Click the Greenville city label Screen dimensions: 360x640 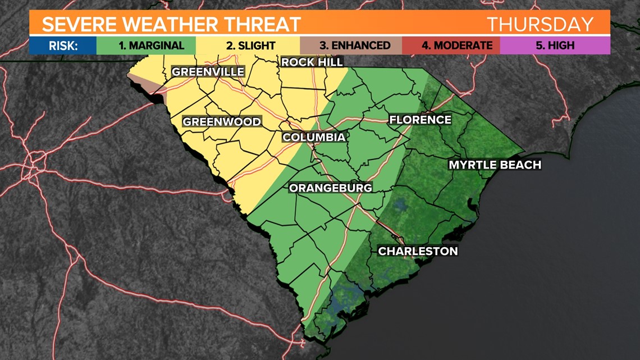pyautogui.click(x=208, y=72)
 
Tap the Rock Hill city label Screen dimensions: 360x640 pyautogui.click(x=312, y=62)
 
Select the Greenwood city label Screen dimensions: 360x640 pyautogui.click(x=221, y=122)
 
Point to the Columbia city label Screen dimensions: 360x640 pyautogui.click(x=313, y=137)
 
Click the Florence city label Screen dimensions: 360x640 pyautogui.click(x=420, y=120)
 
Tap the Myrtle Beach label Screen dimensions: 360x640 pyautogui.click(x=494, y=165)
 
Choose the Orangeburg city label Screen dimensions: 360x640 pyautogui.click(x=330, y=188)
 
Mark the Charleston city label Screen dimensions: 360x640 pyautogui.click(x=418, y=251)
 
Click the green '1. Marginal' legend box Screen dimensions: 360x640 pyautogui.click(x=146, y=45)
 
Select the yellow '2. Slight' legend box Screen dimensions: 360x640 pyautogui.click(x=248, y=45)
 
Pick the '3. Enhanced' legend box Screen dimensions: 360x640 pyautogui.click(x=351, y=45)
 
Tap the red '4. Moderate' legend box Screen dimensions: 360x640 pyautogui.click(x=451, y=45)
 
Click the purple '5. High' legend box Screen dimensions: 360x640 pyautogui.click(x=554, y=45)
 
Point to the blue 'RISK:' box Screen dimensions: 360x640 pyautogui.click(x=62, y=45)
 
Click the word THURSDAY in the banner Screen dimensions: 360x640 pyautogui.click(x=540, y=24)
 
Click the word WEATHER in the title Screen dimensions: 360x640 pyautogui.click(x=170, y=24)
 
